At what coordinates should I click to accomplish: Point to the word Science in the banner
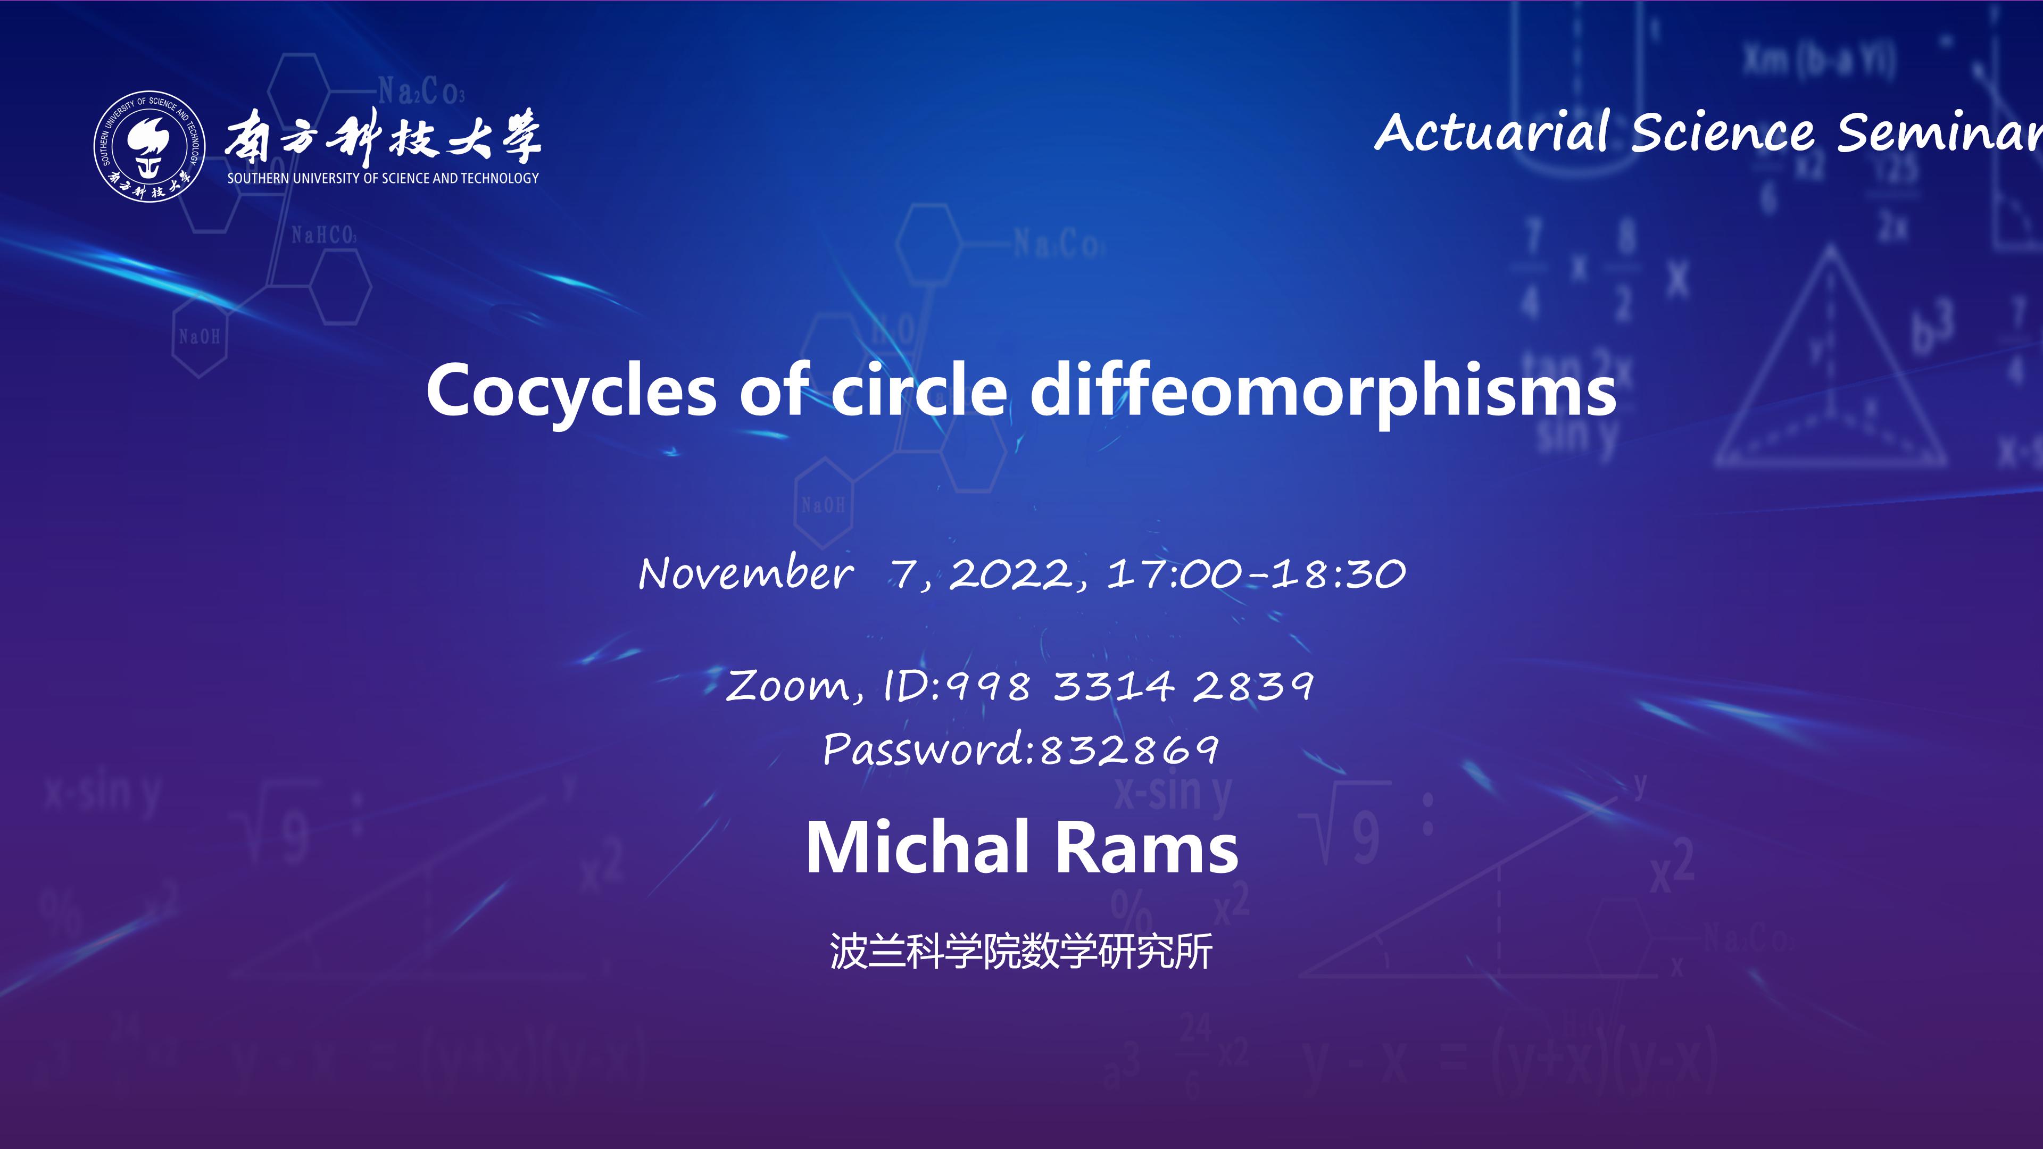pyautogui.click(x=1723, y=132)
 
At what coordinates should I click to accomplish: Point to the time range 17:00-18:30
pyautogui.click(x=1256, y=573)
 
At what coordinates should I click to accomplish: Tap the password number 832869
pyautogui.click(x=1128, y=750)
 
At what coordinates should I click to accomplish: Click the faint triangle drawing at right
pyautogui.click(x=1830, y=357)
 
